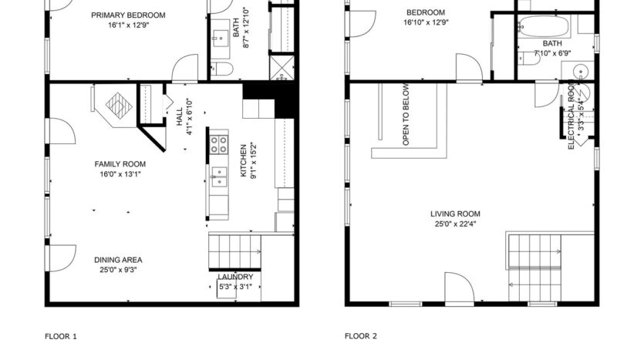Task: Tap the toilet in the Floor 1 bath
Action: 224,70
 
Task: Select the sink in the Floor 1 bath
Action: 220,34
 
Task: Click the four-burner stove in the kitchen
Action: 218,143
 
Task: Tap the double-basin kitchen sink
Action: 219,177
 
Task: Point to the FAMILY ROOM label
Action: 120,164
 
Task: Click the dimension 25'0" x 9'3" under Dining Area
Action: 118,271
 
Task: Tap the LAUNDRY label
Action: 235,277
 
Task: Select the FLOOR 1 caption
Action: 61,336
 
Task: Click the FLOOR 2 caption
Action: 360,336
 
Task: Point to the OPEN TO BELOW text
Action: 406,116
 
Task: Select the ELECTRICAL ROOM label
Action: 572,116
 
